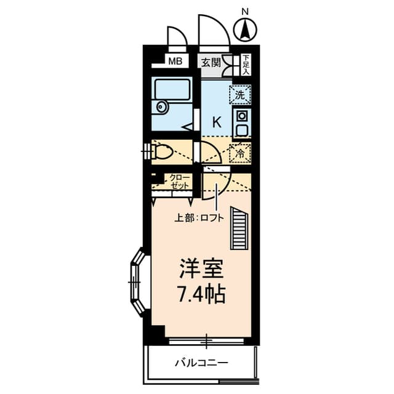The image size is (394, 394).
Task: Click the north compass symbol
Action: tap(246, 28)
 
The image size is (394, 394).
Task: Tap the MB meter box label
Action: tap(176, 61)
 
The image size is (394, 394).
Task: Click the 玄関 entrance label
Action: tap(210, 62)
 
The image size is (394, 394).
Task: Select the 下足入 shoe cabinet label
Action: tap(246, 63)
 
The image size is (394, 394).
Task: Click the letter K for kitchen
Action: tap(217, 121)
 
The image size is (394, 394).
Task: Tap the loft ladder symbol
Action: tap(239, 228)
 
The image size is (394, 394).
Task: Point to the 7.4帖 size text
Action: tap(201, 294)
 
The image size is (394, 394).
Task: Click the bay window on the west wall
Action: tap(136, 281)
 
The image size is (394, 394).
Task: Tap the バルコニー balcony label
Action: tap(201, 363)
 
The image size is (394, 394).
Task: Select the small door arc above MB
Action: tap(176, 38)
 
